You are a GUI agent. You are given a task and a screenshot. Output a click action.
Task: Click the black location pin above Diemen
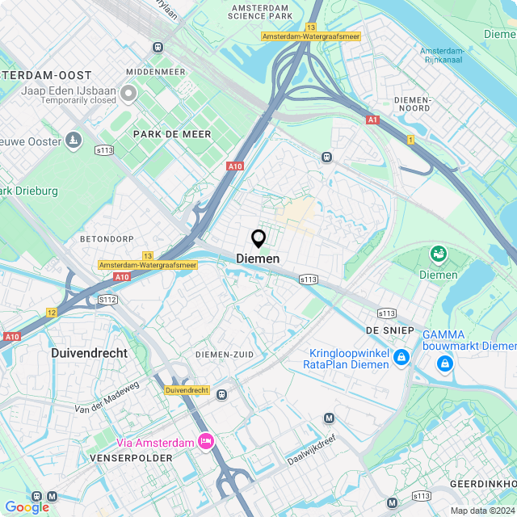click(258, 239)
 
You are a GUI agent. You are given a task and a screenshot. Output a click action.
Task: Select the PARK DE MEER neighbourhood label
click(172, 134)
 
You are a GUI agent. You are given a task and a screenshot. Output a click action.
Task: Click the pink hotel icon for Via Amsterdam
click(206, 441)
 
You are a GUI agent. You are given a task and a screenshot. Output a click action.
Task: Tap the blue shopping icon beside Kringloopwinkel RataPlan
click(401, 356)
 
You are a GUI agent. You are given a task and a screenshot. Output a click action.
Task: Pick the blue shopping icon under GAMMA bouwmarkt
click(443, 365)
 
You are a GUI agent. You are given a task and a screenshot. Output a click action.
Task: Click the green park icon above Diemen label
click(439, 255)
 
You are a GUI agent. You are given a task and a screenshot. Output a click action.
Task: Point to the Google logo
click(27, 507)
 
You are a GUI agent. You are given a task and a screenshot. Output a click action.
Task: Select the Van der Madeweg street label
click(107, 397)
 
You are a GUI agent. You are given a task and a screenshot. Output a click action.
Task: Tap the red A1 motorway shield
click(372, 120)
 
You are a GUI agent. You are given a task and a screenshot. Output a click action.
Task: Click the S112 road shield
click(107, 300)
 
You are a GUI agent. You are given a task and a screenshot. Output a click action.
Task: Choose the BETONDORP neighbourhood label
click(105, 240)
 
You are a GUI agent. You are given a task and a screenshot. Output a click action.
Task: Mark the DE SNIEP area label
click(389, 330)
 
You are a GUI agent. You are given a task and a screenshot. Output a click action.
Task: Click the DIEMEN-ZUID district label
click(225, 355)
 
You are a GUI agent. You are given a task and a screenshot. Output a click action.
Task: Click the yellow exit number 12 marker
click(52, 313)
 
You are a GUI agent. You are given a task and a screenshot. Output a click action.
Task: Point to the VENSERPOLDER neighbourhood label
click(131, 458)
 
